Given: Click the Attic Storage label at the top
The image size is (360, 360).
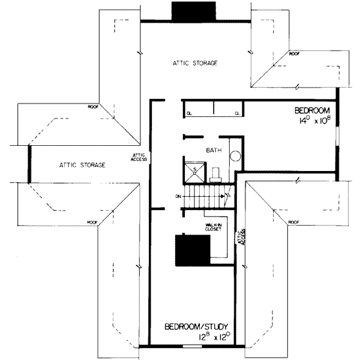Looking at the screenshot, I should tap(194, 63).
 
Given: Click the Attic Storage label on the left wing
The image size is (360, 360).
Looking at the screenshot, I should tap(83, 164).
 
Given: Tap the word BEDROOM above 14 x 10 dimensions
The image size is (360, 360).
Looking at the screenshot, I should tap(312, 111).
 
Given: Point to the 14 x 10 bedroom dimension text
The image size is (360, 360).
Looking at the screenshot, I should tap(313, 121).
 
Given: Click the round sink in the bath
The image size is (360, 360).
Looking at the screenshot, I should tap(236, 158).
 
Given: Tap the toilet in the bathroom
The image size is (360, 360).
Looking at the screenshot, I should tap(217, 175).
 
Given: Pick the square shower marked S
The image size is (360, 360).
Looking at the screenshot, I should tap(195, 170).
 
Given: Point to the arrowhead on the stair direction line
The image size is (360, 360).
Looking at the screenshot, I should tap(227, 195).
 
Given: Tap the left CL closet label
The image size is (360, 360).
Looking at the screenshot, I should tap(188, 113).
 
